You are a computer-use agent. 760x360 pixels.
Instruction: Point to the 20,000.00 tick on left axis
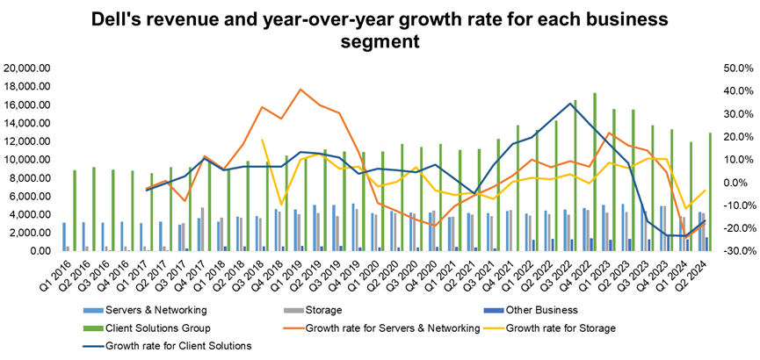coord(30,68)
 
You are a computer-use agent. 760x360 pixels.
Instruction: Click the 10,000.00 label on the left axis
coord(30,159)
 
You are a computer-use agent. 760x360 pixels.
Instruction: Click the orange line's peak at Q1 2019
coord(300,90)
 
